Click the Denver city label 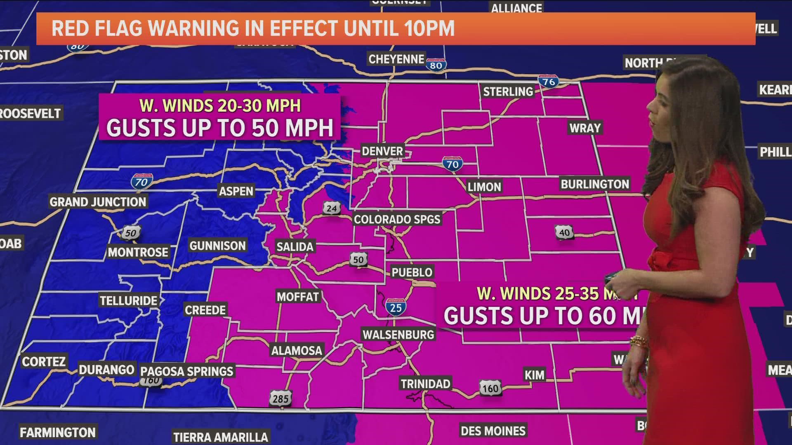click(382, 151)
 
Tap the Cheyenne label click(396, 59)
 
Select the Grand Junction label click(98, 202)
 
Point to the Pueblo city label click(412, 272)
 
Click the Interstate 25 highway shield click(396, 307)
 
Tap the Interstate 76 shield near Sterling click(548, 82)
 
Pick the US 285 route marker click(280, 398)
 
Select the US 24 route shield click(332, 208)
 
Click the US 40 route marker click(564, 232)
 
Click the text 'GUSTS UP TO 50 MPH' click(220, 128)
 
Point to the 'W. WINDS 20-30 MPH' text click(220, 106)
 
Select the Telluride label click(129, 301)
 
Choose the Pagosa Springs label click(187, 371)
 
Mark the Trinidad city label click(425, 384)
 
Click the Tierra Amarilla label click(220, 437)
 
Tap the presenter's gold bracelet click(639, 342)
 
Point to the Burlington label click(594, 184)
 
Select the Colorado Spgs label click(397, 219)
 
